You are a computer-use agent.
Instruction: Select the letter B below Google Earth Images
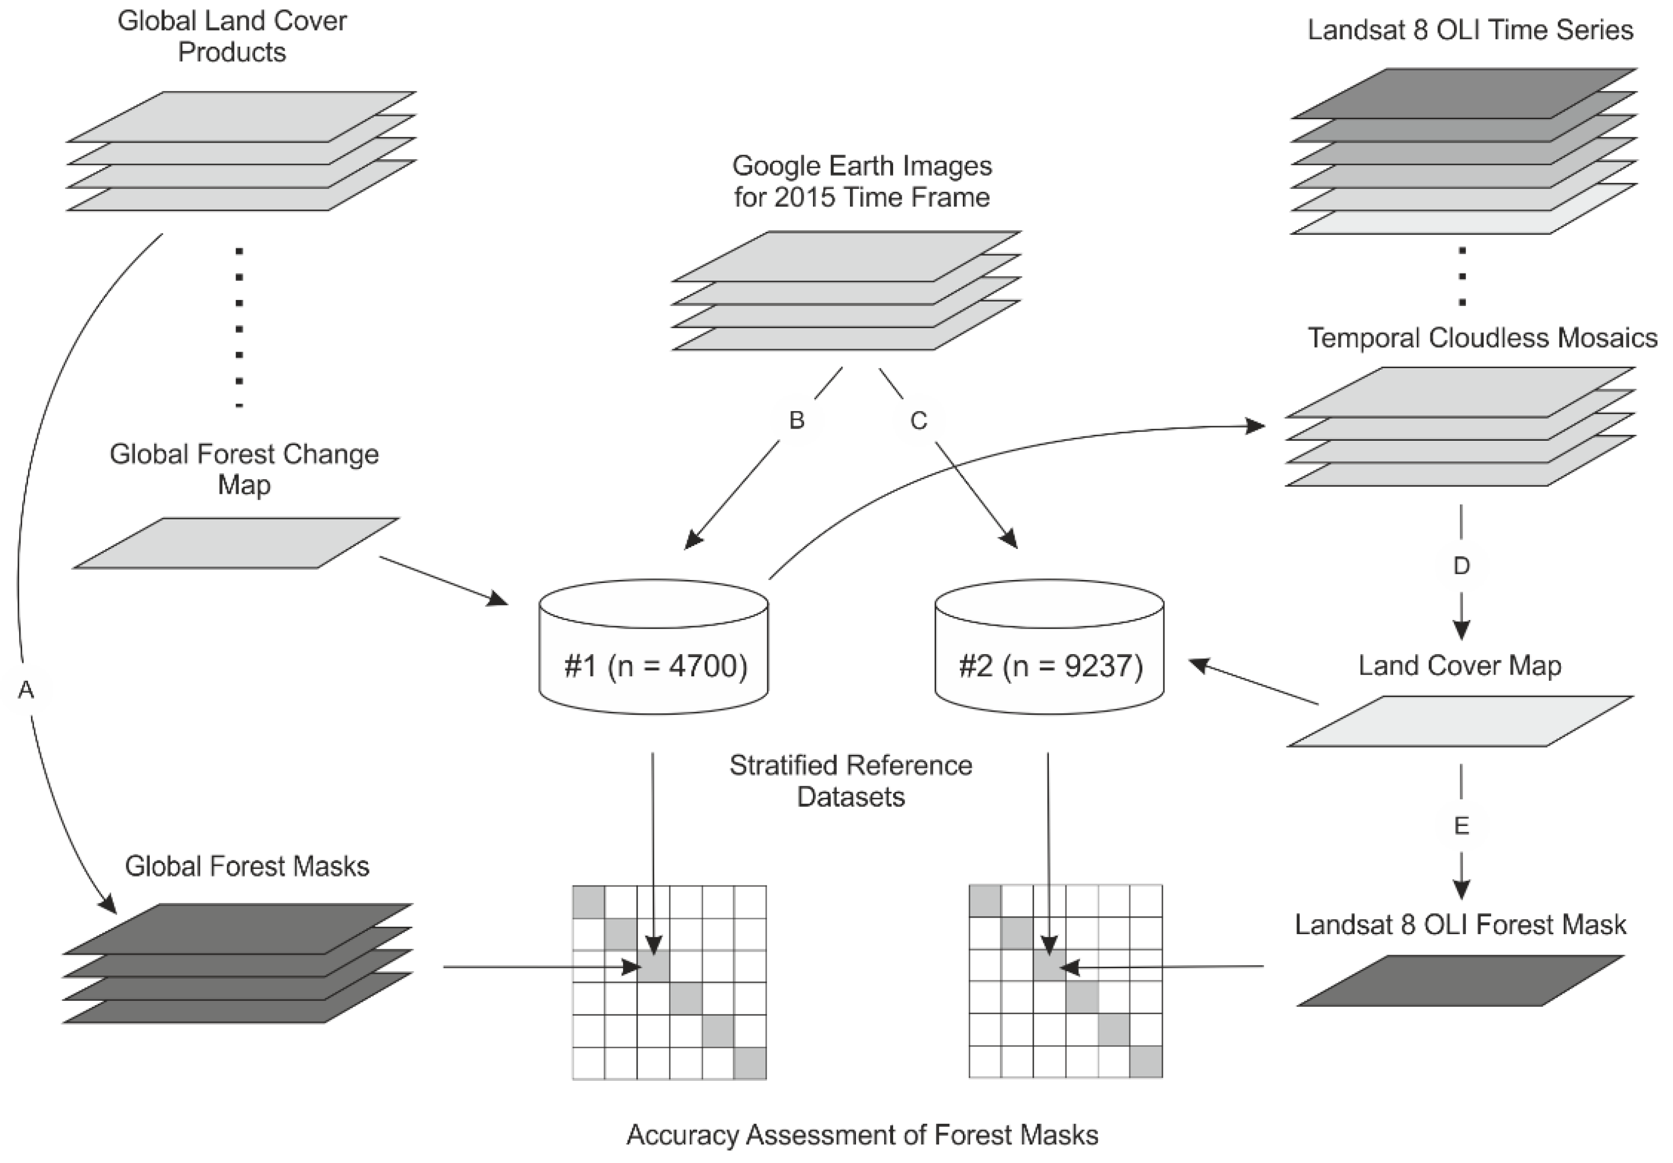(797, 420)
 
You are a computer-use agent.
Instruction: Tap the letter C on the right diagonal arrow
(919, 420)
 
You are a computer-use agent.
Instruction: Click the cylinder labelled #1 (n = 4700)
(654, 647)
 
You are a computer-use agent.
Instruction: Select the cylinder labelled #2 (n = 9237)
(1050, 647)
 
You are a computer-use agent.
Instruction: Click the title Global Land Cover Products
(232, 37)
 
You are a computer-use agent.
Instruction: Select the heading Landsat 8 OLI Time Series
(1470, 30)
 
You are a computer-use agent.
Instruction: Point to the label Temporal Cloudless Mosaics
(1482, 338)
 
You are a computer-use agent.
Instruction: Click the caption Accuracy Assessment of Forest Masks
(862, 1134)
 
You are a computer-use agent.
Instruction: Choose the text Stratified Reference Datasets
(851, 781)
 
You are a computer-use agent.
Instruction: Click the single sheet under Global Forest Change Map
(236, 543)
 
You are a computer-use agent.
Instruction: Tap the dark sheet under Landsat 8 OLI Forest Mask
(1460, 981)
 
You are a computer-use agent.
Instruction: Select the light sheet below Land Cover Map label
(1460, 721)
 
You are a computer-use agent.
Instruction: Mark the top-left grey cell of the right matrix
(984, 901)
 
